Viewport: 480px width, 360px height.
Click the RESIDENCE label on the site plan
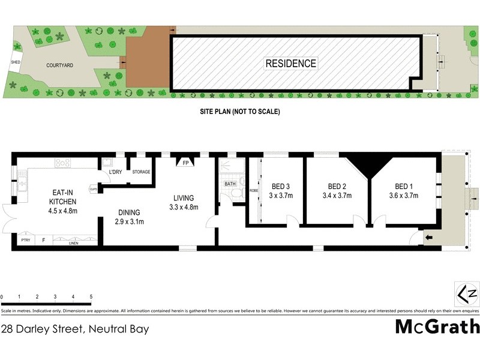pyautogui.click(x=291, y=63)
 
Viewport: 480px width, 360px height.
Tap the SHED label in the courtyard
pyautogui.click(x=16, y=62)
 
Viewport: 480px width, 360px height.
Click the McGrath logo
pyautogui.click(x=437, y=326)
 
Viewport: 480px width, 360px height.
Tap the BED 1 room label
pyautogui.click(x=403, y=186)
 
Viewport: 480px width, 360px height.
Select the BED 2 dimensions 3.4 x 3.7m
pyautogui.click(x=336, y=195)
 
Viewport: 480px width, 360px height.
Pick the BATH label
pyautogui.click(x=230, y=184)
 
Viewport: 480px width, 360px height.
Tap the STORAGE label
pyautogui.click(x=141, y=172)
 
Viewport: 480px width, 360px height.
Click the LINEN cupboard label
pyautogui.click(x=74, y=243)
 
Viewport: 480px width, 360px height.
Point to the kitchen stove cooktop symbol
pyautogui.click(x=63, y=163)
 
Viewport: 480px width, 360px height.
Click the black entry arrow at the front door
pyautogui.click(x=428, y=238)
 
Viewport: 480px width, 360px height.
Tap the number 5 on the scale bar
pyautogui.click(x=91, y=297)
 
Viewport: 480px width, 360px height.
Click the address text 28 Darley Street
pyautogui.click(x=75, y=329)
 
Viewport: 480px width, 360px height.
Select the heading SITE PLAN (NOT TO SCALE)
pyautogui.click(x=240, y=112)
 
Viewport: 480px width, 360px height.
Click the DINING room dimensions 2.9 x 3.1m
pyautogui.click(x=129, y=221)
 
